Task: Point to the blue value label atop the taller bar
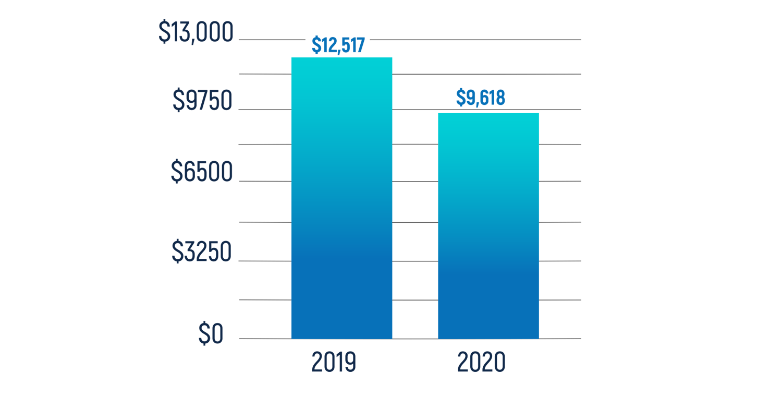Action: tap(337, 42)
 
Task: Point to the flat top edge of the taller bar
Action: tap(341, 50)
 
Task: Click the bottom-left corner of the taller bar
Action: tap(292, 338)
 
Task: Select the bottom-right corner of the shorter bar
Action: tap(539, 338)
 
